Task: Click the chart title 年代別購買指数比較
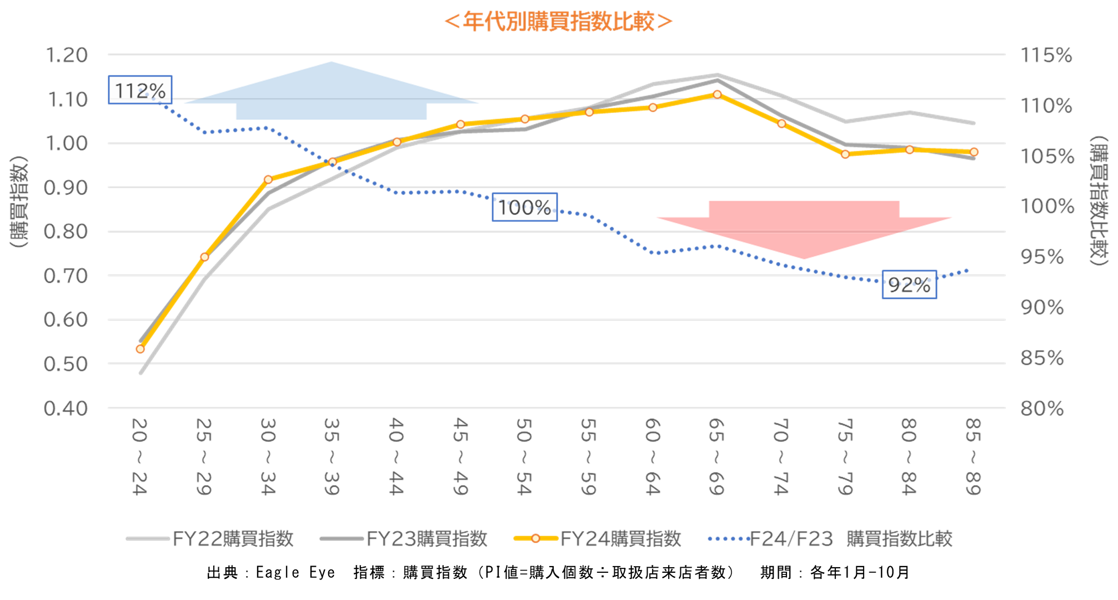(x=559, y=22)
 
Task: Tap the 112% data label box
(x=140, y=90)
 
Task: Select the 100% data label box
(x=524, y=207)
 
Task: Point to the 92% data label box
(x=909, y=284)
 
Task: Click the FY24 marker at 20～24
(x=140, y=349)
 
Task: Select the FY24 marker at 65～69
(x=717, y=94)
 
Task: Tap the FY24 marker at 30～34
(x=268, y=179)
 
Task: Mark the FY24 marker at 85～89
(x=974, y=152)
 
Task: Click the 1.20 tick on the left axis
(x=67, y=56)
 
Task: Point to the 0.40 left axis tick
(x=67, y=408)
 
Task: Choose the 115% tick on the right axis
(x=1046, y=56)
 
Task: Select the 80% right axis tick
(x=1042, y=408)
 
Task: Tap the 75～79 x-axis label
(x=845, y=457)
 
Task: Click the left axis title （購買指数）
(x=19, y=201)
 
